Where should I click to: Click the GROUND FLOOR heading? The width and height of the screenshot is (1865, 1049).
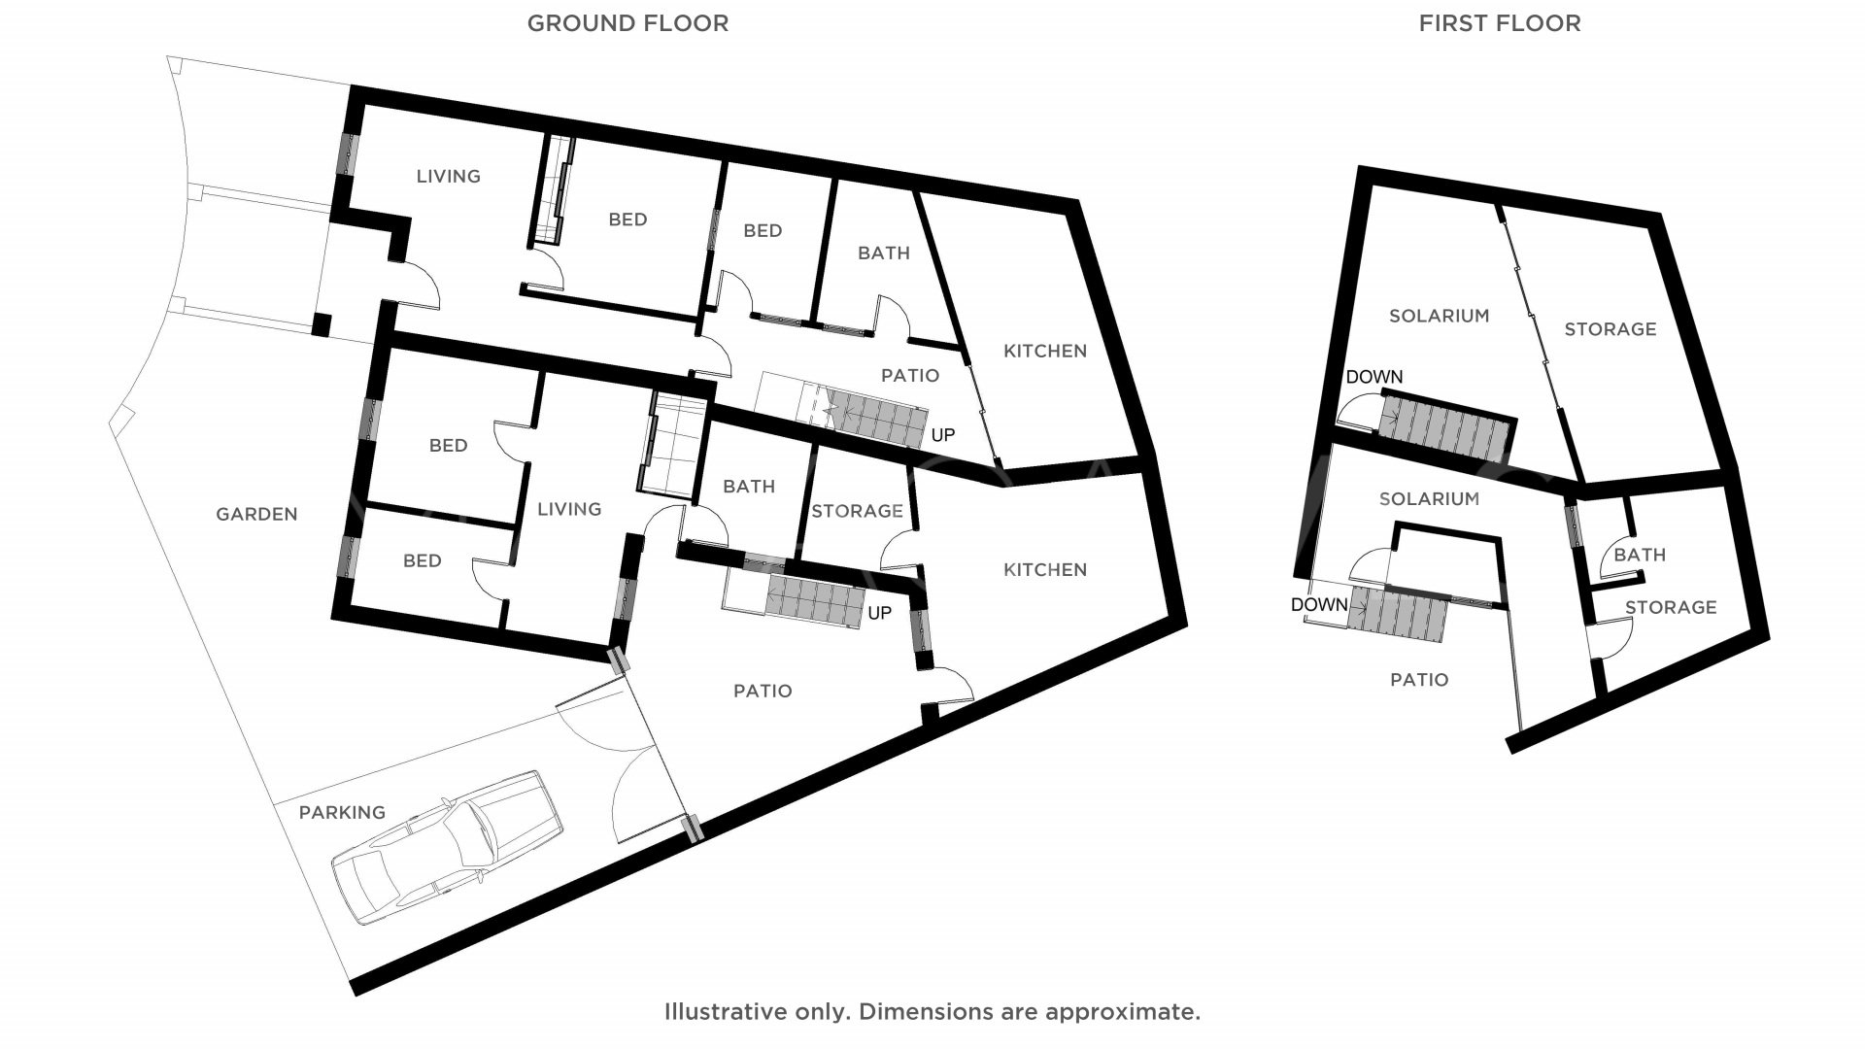point(627,23)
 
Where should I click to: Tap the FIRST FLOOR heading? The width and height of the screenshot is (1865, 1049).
point(1499,23)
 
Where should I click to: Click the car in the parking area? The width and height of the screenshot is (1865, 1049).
point(447,847)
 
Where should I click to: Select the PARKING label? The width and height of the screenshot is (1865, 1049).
point(342,813)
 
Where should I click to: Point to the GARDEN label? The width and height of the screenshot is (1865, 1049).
point(256,515)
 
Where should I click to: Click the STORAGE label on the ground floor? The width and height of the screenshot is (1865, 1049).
point(857,511)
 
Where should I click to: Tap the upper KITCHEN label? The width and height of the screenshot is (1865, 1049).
point(1044,351)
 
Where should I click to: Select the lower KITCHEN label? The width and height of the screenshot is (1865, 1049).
point(1044,570)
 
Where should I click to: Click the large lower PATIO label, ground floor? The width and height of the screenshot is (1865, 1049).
point(763,692)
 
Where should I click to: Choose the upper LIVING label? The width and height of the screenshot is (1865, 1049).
point(448,177)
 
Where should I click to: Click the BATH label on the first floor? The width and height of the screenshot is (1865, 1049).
point(1640,556)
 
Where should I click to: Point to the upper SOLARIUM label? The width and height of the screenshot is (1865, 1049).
point(1439,316)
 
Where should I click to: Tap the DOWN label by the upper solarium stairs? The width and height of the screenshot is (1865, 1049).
point(1373,377)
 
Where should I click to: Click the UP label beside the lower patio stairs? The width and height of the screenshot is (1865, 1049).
point(879,614)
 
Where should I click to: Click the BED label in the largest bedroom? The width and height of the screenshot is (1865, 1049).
point(627,220)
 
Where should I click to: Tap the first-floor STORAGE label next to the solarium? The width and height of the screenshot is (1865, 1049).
point(1610,329)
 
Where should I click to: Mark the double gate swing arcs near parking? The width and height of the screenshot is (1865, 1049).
point(622,767)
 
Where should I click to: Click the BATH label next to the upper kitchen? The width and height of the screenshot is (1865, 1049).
point(883,254)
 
